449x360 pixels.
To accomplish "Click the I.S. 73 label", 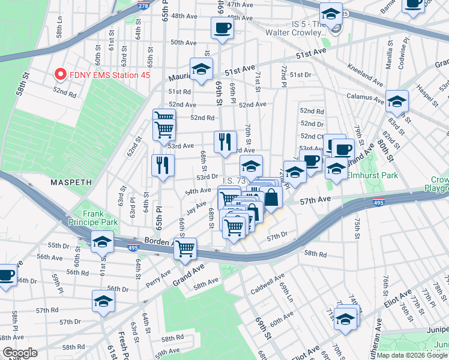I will pos(235,181).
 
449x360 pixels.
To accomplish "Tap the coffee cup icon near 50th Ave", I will pos(222,28).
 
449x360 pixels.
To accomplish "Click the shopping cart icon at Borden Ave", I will pos(185,248).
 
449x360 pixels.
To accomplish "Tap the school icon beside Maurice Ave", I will pos(201,69).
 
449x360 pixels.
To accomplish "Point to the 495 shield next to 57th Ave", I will pos(378,203).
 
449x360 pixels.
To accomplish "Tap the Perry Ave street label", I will pos(158,277).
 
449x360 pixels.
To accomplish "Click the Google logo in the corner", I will pos(20,353).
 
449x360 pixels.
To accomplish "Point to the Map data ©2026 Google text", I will pos(411,355).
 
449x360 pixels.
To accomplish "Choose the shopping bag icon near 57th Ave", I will pos(271,197).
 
